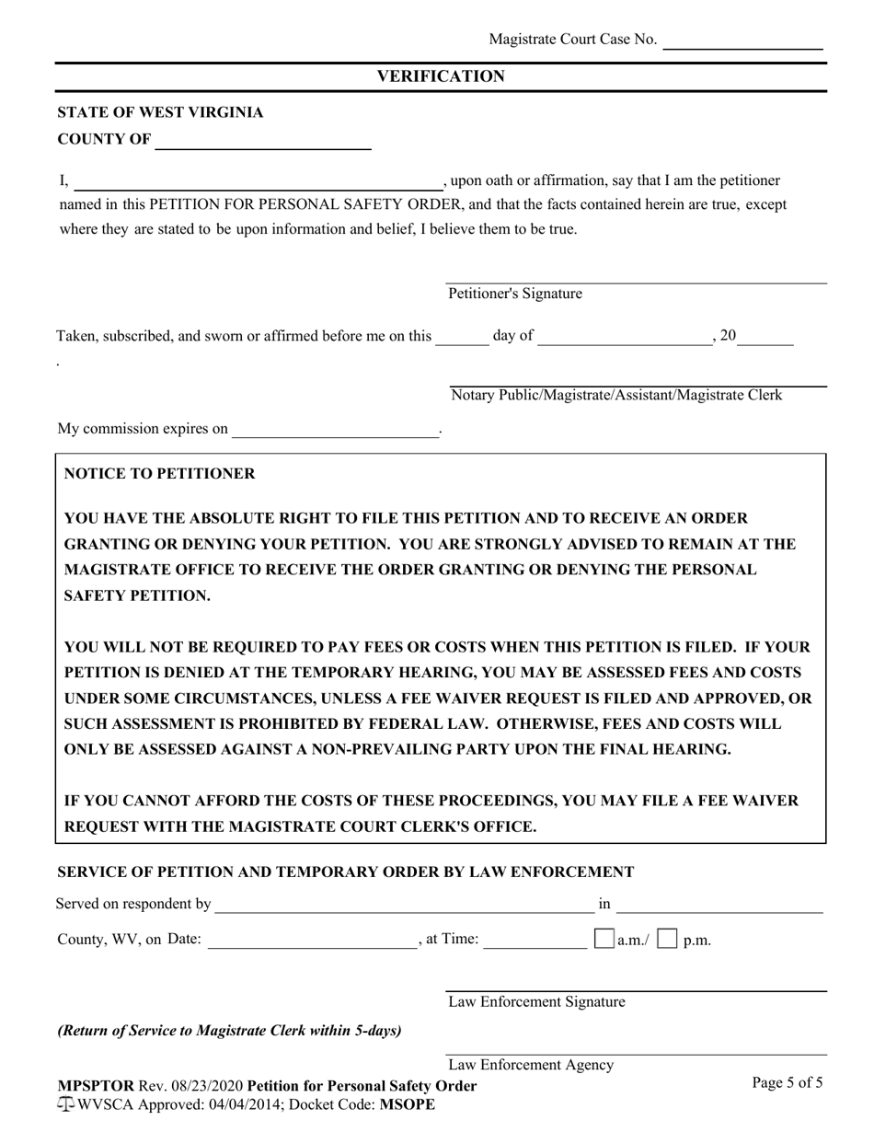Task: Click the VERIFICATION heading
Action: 441,76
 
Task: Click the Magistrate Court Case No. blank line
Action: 742,41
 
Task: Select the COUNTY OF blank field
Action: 263,141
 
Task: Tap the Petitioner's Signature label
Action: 515,294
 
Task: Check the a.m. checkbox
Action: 604,940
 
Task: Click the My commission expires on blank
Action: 336,430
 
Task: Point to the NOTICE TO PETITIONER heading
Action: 159,474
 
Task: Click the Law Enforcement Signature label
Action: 536,1001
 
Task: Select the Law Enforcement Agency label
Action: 531,1065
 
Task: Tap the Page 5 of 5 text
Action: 787,1082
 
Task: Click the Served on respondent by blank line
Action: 404,906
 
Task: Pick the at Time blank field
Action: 535,941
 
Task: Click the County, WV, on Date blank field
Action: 312,941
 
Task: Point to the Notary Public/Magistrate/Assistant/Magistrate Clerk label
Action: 616,395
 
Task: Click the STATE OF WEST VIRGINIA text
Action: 160,112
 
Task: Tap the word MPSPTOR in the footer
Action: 96,1086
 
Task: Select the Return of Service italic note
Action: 229,1030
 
